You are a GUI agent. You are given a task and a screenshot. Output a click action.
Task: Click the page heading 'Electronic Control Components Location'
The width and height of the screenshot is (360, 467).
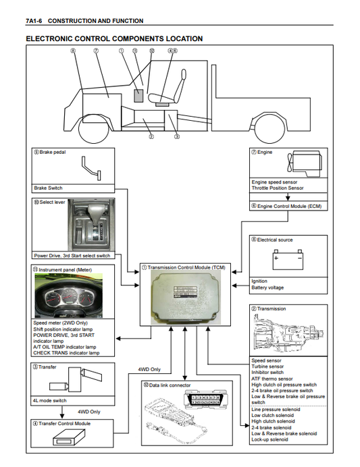(114, 38)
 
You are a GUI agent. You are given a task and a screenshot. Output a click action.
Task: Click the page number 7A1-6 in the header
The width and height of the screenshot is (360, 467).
(34, 21)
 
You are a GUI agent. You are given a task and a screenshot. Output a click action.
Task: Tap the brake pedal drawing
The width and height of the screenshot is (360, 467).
(91, 168)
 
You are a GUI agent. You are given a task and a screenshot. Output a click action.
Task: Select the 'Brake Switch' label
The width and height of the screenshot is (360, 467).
(48, 188)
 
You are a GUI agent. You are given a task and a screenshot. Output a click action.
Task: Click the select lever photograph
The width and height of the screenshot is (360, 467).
(91, 225)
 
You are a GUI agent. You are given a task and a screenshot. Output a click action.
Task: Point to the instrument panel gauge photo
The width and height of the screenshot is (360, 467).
(69, 296)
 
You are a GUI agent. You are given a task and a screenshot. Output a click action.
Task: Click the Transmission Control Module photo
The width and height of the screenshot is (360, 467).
(185, 298)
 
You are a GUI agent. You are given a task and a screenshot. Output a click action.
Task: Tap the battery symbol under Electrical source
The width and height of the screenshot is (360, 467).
(288, 259)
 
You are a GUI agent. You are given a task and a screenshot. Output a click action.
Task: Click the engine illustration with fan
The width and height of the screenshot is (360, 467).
(304, 163)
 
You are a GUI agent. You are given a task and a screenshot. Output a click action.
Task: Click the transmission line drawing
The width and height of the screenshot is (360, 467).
(288, 333)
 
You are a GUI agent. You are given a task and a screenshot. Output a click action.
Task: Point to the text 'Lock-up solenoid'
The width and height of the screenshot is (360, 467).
(269, 439)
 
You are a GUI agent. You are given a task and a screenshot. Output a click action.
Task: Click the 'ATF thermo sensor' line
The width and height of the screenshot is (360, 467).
(272, 379)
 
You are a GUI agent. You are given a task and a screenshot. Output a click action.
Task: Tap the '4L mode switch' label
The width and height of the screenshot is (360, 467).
(50, 401)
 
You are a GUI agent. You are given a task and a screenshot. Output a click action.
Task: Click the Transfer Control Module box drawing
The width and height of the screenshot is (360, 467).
(69, 436)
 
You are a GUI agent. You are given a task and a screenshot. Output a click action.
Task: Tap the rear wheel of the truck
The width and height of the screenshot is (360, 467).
(269, 129)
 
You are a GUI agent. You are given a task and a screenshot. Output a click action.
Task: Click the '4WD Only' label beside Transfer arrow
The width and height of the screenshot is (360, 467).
(89, 412)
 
